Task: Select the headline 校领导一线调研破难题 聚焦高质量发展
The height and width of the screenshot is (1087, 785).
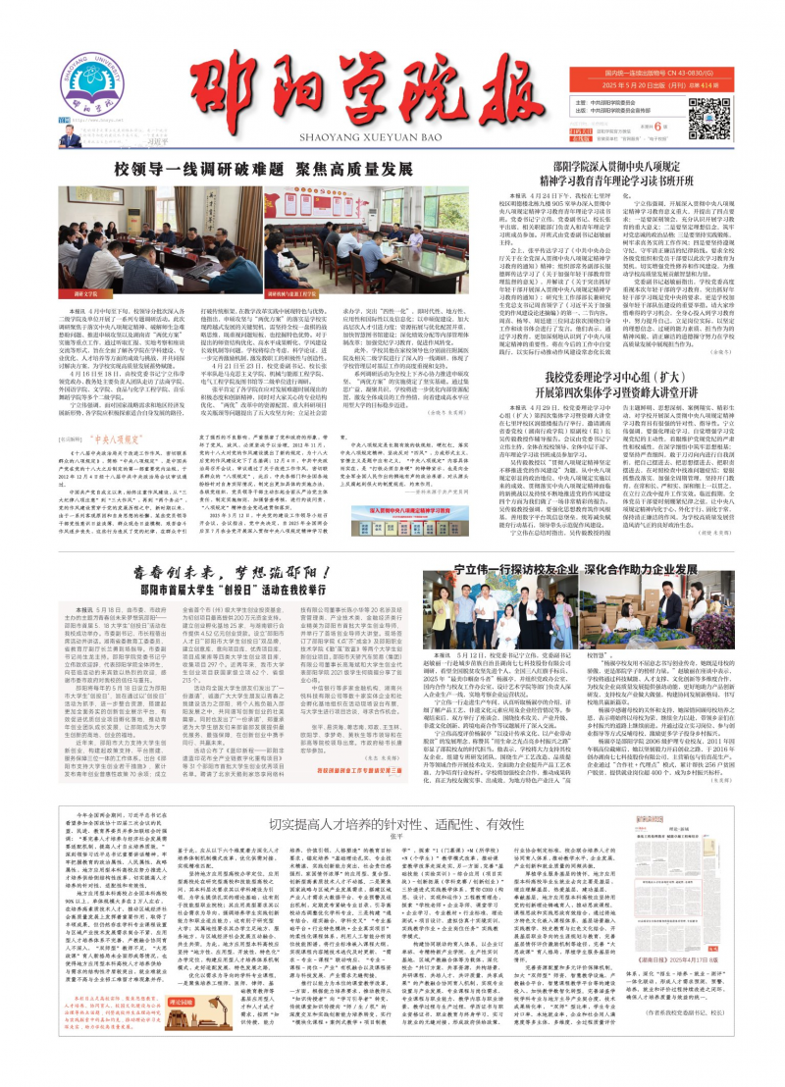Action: point(275,168)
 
